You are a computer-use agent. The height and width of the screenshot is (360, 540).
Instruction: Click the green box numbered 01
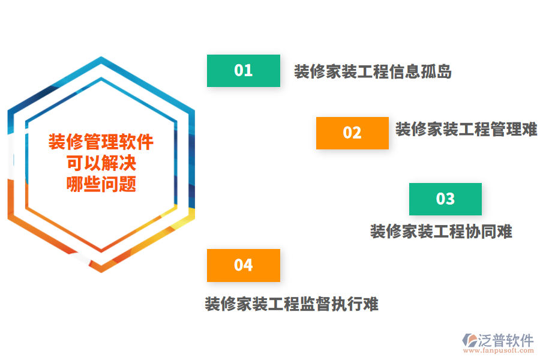click(244, 71)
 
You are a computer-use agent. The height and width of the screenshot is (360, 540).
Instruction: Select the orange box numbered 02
click(352, 133)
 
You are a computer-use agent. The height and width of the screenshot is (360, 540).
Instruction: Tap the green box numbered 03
click(445, 199)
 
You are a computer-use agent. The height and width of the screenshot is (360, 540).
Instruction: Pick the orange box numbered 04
click(244, 265)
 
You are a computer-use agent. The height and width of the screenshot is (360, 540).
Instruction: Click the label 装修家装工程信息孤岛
click(373, 71)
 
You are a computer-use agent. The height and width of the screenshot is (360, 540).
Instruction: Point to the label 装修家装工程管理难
click(466, 129)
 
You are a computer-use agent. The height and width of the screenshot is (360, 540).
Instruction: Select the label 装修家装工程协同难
click(441, 231)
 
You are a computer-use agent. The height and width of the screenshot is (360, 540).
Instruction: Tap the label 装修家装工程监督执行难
click(292, 304)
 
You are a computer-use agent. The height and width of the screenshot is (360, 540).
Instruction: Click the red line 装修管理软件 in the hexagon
click(101, 142)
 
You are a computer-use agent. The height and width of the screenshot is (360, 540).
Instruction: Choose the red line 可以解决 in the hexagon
click(101, 163)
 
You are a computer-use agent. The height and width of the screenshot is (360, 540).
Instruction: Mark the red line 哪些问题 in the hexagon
click(101, 184)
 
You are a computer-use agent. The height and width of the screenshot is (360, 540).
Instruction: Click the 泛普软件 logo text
click(506, 340)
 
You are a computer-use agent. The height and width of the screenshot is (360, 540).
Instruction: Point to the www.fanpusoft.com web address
click(499, 350)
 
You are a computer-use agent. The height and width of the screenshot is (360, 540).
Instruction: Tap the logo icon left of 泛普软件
click(470, 340)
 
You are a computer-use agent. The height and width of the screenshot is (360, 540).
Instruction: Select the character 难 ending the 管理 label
click(530, 129)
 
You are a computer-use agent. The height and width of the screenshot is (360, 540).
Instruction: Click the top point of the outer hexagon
click(101, 57)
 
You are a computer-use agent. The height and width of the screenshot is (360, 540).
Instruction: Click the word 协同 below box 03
click(481, 231)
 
